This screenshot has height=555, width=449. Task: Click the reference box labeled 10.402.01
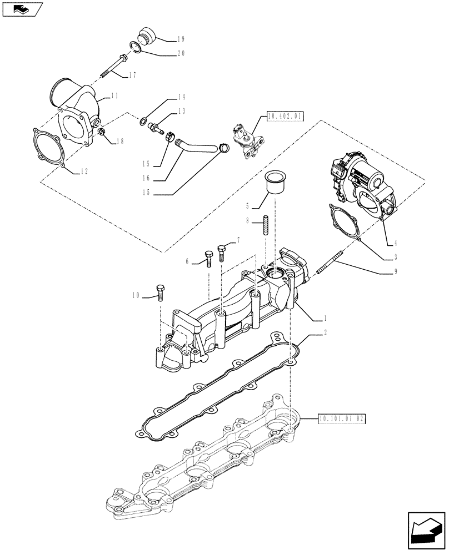(285, 117)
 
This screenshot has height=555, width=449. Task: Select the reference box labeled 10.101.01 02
(341, 418)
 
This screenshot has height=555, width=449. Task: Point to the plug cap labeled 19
(147, 34)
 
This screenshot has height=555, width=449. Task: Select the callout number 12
(82, 171)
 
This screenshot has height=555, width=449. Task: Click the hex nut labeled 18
(102, 133)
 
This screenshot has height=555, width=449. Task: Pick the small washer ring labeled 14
(144, 121)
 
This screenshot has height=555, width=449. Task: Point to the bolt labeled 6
(209, 258)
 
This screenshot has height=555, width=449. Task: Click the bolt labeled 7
(222, 252)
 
